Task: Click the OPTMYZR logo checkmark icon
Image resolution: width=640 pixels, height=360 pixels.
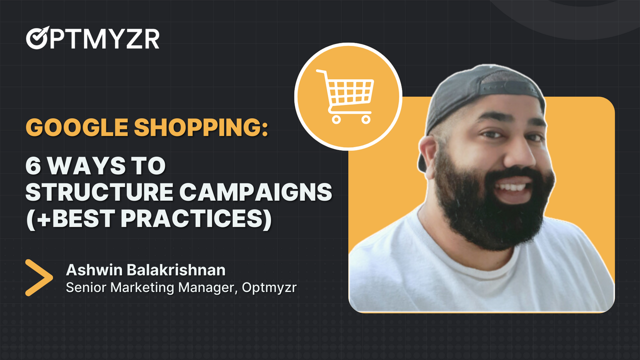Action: click(x=35, y=39)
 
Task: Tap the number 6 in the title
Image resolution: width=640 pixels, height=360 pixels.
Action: click(x=32, y=166)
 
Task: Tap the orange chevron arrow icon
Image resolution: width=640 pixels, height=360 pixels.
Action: click(x=38, y=278)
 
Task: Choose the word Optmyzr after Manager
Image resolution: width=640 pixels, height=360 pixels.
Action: click(x=269, y=288)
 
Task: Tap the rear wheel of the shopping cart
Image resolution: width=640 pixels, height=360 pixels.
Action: click(x=336, y=119)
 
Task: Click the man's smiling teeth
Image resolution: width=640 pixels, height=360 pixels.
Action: click(x=513, y=186)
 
